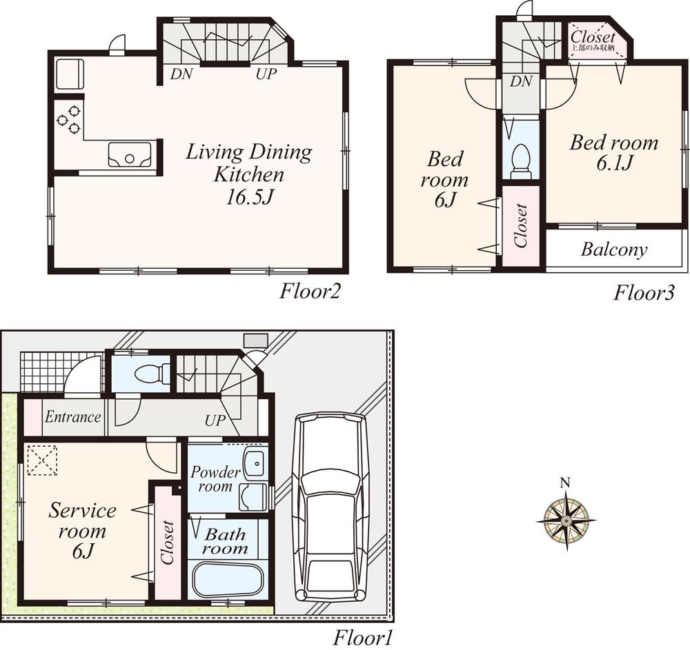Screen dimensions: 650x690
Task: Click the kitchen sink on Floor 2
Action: [130, 154]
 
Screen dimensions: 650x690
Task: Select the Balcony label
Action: [614, 250]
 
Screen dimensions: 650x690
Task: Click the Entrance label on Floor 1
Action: [73, 417]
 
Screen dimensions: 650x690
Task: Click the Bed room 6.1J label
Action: [613, 152]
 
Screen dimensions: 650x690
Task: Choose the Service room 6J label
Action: [82, 531]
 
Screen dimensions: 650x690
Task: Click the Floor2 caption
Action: [310, 292]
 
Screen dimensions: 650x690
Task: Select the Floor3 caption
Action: [644, 292]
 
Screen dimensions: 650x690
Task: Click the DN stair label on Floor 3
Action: [522, 82]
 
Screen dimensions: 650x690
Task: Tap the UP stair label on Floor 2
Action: [266, 74]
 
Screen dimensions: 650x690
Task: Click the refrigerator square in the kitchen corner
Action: [68, 73]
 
